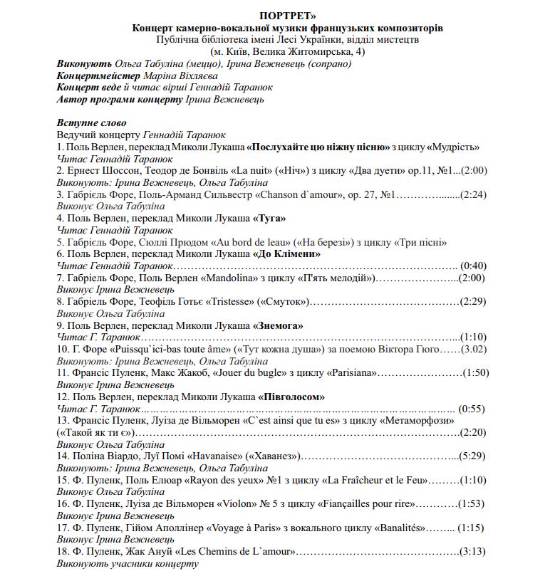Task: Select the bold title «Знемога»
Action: coord(279,325)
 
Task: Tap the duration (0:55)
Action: coord(471,409)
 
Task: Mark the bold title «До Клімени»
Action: coord(287,253)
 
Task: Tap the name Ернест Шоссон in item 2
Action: coord(100,171)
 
